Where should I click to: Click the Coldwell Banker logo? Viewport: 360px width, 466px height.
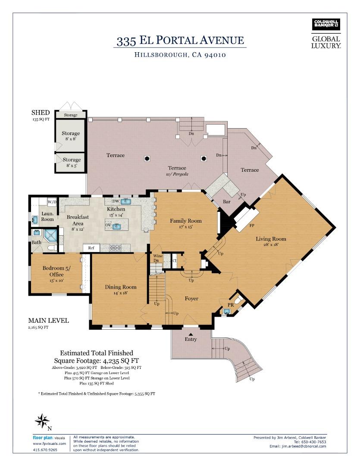326,25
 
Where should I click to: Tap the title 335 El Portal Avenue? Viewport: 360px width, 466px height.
180,41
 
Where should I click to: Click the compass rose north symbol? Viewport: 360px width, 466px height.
42,421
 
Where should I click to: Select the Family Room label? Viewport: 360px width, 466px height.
186,221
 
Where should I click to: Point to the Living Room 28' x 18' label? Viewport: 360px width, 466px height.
271,242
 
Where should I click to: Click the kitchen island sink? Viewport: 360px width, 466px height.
116,225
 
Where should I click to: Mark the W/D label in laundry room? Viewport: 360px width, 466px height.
52,202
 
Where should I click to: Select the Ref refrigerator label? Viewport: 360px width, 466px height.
91,248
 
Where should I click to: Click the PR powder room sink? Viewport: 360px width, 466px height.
226,311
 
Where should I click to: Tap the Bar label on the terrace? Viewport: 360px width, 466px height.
226,202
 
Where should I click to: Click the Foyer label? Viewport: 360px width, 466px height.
191,299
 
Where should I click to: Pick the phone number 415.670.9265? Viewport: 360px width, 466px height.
44,450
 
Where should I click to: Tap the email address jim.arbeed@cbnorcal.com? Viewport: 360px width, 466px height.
298,446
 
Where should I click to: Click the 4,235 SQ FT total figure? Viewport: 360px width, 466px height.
120,360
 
